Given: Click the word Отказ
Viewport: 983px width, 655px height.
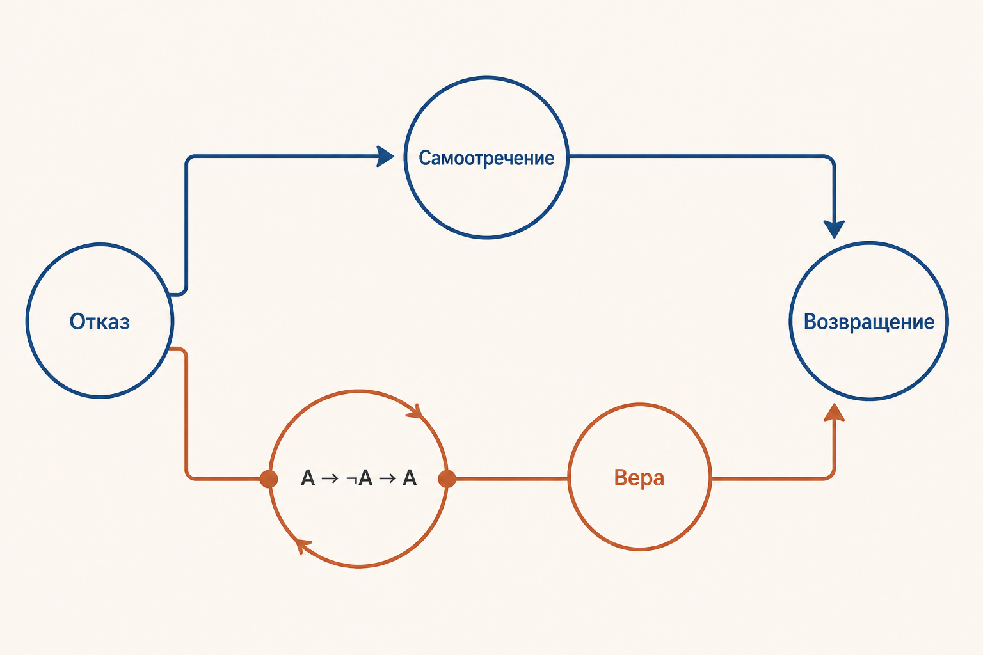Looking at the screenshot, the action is click(100, 322).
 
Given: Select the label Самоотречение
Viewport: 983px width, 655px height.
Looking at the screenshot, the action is click(486, 158).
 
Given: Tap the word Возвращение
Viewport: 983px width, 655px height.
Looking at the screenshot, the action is click(869, 322).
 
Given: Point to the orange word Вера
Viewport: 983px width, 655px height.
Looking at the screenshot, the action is click(639, 478).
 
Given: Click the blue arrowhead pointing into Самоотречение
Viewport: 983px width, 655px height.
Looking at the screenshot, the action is click(386, 156).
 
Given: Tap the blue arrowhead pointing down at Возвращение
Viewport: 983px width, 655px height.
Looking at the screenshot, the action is click(834, 229).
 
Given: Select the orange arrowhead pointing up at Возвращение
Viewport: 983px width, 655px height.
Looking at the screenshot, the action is click(834, 413).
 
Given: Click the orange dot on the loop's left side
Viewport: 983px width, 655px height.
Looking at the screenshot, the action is click(269, 478).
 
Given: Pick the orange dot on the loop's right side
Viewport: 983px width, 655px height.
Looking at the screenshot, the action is click(447, 478).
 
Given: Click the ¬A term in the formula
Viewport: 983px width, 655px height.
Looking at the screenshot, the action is click(360, 478).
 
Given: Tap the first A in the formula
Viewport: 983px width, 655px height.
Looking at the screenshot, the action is click(308, 478).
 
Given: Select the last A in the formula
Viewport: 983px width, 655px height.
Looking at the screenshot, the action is click(410, 478).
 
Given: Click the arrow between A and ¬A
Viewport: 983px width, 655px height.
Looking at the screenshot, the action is click(330, 478).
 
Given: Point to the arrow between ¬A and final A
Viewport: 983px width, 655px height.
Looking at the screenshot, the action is click(387, 478).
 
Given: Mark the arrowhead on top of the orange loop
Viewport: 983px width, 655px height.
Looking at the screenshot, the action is click(415, 411).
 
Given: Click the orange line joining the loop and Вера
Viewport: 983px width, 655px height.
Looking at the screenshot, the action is click(512, 478).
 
